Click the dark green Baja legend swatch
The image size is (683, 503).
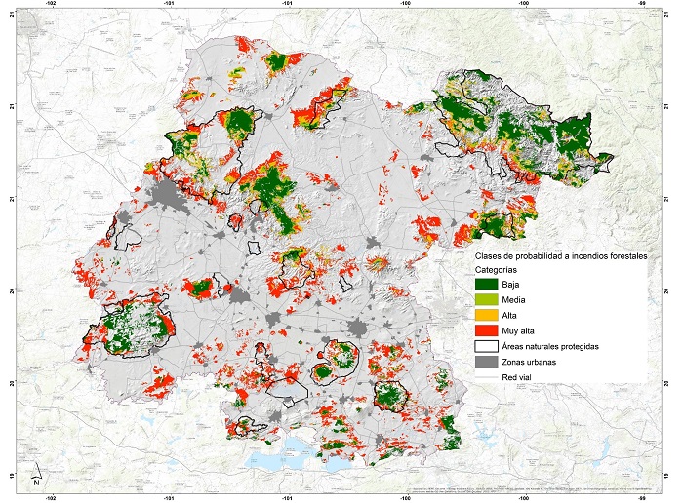pyautogui.click(x=487, y=284)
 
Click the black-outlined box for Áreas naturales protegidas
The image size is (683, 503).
pyautogui.click(x=487, y=346)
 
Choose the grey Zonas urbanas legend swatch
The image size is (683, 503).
pyautogui.click(x=487, y=362)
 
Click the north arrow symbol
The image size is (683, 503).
pyautogui.click(x=35, y=475)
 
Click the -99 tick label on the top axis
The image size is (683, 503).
pyautogui.click(x=642, y=4)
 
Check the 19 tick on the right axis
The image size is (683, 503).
pyautogui.click(x=672, y=474)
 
